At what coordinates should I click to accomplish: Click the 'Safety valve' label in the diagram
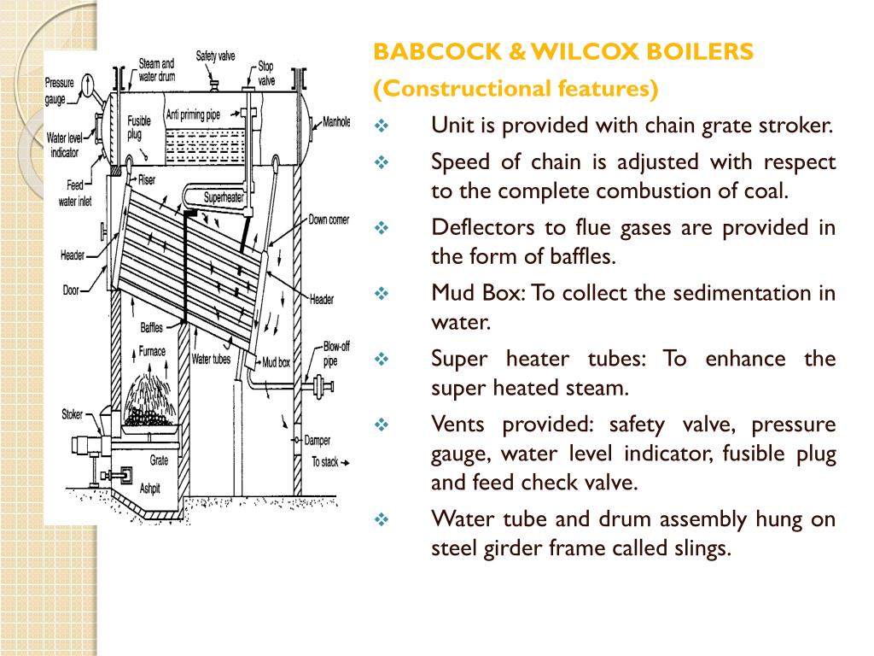tap(215, 56)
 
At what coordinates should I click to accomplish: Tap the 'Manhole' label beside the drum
tap(336, 122)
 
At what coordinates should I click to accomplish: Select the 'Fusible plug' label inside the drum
tap(139, 127)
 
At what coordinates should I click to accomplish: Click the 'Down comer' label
tap(329, 220)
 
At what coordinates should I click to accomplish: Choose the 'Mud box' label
tap(277, 362)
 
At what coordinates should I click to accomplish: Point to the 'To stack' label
tap(324, 462)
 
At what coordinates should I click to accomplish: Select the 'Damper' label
tap(318, 442)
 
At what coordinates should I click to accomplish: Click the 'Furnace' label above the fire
tap(152, 351)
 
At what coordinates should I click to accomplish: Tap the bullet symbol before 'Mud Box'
tap(382, 294)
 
